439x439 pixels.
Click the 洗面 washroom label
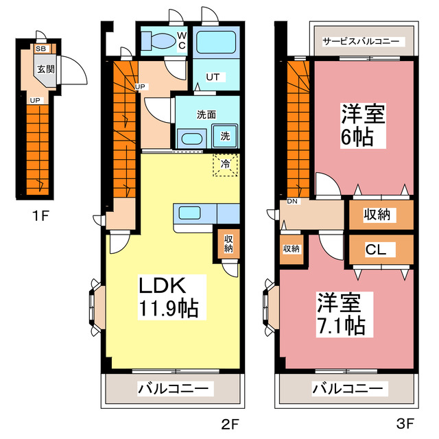pyautogui.click(x=206, y=114)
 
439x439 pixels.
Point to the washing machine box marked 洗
pyautogui.click(x=225, y=136)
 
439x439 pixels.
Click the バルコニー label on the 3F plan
pyautogui.click(x=347, y=389)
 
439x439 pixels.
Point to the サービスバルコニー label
pyautogui.click(x=361, y=41)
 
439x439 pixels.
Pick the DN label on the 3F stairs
pyautogui.click(x=292, y=202)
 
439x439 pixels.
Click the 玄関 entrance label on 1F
pyautogui.click(x=46, y=69)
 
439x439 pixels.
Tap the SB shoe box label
pyautogui.click(x=41, y=49)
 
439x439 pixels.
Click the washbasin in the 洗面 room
pyautogui.click(x=191, y=138)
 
